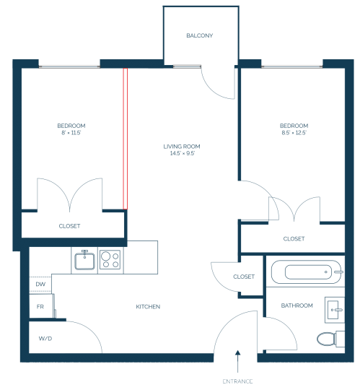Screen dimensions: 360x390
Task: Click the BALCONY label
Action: [x=200, y=35]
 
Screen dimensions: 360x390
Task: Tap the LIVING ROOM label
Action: [x=182, y=147]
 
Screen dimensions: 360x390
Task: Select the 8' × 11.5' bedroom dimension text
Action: [x=71, y=133]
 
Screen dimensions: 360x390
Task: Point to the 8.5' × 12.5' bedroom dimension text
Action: [x=294, y=133]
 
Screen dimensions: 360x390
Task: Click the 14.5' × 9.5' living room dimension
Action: [x=182, y=153]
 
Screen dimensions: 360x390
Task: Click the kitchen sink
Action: [x=84, y=261]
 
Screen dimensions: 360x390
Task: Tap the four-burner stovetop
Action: [x=110, y=260]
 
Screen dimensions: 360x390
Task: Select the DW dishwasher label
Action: [x=40, y=284]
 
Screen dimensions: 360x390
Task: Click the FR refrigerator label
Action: [x=40, y=307]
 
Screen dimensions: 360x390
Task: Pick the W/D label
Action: [x=45, y=339]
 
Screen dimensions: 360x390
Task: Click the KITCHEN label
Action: [x=148, y=307]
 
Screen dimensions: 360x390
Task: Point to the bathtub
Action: [x=307, y=272]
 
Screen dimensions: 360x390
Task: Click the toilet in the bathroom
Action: [x=330, y=339]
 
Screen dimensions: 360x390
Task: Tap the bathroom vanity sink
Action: [x=335, y=310]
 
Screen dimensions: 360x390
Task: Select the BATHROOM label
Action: [x=297, y=305]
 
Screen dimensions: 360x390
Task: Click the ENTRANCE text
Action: [x=238, y=381]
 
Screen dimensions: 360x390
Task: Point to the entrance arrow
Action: [x=238, y=361]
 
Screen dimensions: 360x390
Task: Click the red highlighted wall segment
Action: [x=126, y=139]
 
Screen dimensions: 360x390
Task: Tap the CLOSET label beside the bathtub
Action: [x=244, y=277]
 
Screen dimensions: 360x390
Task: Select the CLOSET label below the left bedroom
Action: [x=69, y=226]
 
